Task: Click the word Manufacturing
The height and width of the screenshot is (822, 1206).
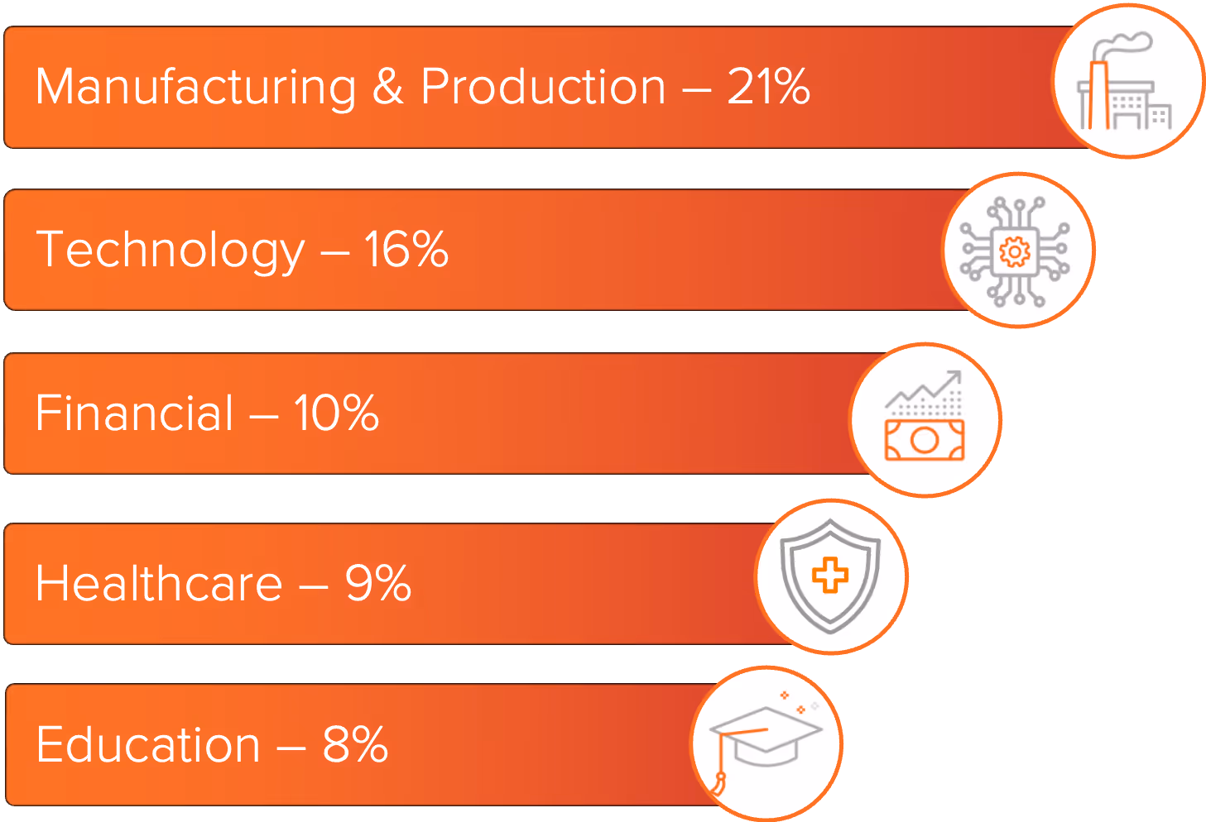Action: (x=195, y=88)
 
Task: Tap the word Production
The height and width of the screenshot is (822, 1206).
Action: (x=543, y=86)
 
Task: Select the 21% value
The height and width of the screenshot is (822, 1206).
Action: (x=768, y=86)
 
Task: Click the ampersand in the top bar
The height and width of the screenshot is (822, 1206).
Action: (x=387, y=86)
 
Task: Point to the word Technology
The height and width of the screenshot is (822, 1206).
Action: (x=171, y=250)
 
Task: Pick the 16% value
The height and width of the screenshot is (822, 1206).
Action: (x=406, y=249)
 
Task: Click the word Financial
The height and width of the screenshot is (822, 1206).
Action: (x=135, y=413)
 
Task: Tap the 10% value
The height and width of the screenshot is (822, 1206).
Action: (x=336, y=413)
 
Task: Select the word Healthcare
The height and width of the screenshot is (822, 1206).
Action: (x=159, y=583)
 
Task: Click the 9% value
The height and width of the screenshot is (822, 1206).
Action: (x=377, y=583)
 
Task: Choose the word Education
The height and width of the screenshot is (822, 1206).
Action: (x=148, y=744)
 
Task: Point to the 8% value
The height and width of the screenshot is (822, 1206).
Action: (x=354, y=744)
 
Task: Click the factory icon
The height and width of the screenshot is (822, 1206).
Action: (x=1126, y=83)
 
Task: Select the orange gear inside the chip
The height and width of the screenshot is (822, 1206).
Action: (x=1015, y=251)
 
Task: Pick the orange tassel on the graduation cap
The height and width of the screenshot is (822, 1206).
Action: (x=719, y=778)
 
